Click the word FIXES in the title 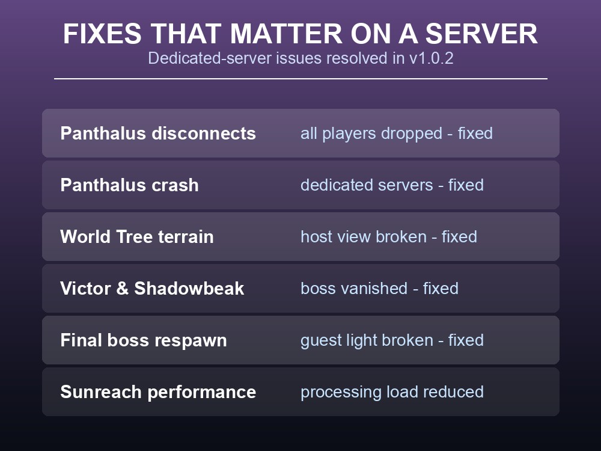click(x=102, y=34)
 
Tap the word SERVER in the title click(x=481, y=34)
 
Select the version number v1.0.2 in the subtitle click(x=431, y=58)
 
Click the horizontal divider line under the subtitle click(x=300, y=79)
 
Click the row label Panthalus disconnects click(x=158, y=133)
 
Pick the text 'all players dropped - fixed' click(x=396, y=133)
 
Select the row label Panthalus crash click(x=130, y=185)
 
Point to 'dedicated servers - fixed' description click(x=392, y=185)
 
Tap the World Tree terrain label click(x=137, y=236)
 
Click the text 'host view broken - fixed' click(x=389, y=236)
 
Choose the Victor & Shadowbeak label click(x=152, y=289)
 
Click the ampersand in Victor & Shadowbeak click(x=122, y=289)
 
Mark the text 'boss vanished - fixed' click(x=379, y=289)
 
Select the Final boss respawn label click(x=144, y=340)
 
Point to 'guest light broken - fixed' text click(x=392, y=340)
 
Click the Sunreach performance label click(x=158, y=392)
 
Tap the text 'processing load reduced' click(x=392, y=392)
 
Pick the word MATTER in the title click(x=285, y=34)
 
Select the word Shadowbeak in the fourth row click(x=189, y=289)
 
